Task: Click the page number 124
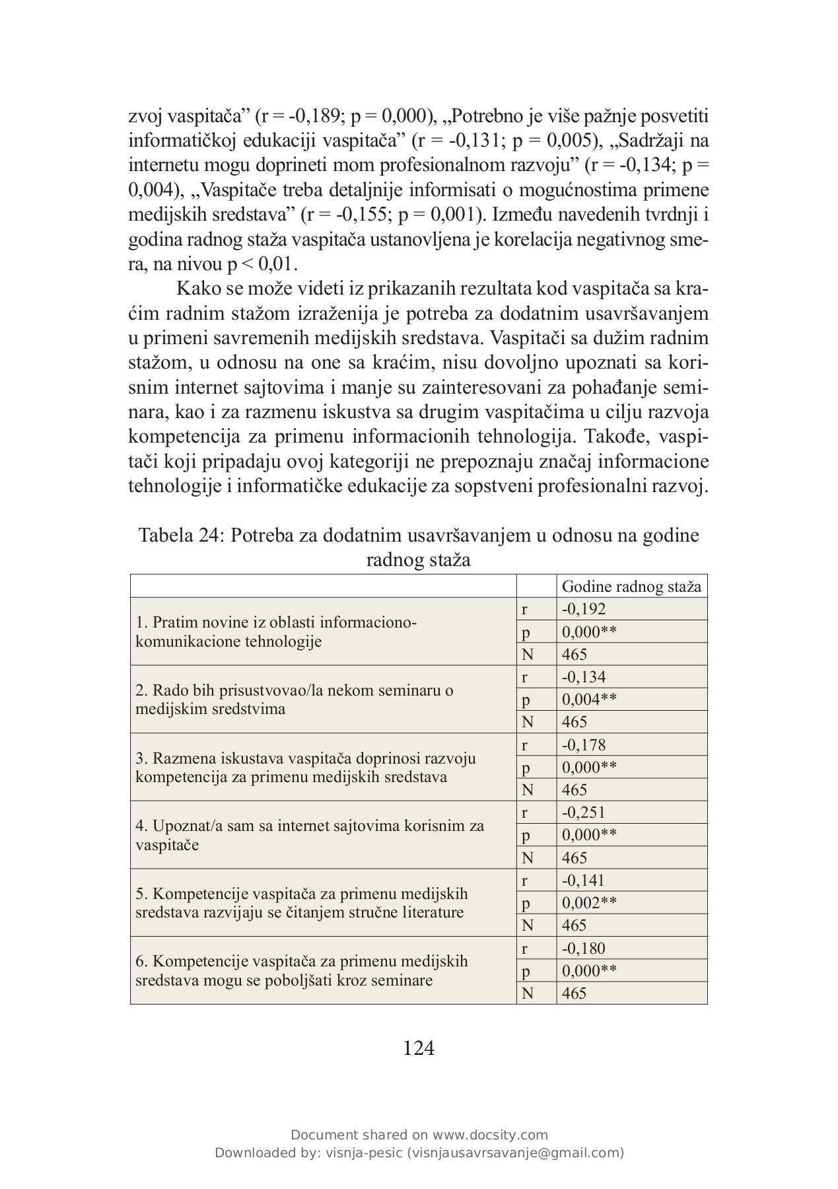coord(419,1048)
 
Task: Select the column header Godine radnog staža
coord(631,587)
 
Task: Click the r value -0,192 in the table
coord(584,609)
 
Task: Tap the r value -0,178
coord(584,745)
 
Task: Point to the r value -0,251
coord(584,812)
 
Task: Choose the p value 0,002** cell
coord(589,903)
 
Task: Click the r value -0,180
coord(584,949)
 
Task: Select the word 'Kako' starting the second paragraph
coord(198,289)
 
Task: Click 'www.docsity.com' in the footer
coord(490,1135)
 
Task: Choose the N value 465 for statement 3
coord(575,790)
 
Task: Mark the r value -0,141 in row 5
coord(584,881)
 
